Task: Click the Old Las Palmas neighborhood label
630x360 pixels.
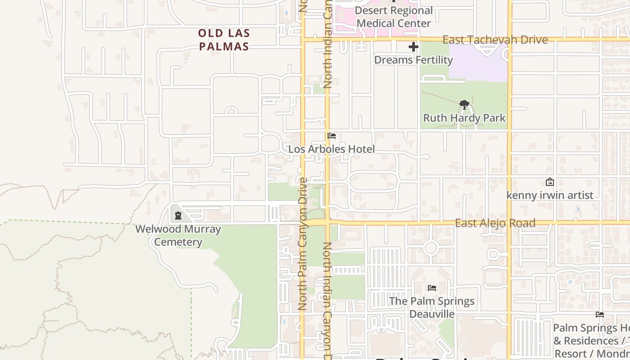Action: pyautogui.click(x=224, y=40)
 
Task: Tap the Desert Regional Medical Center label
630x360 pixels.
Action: pyautogui.click(x=394, y=17)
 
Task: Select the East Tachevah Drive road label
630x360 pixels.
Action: pyautogui.click(x=495, y=40)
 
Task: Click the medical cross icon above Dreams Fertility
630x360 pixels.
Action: pyautogui.click(x=413, y=46)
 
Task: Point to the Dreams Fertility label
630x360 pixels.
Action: pyautogui.click(x=413, y=60)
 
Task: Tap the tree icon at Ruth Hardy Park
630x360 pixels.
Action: pyautogui.click(x=464, y=105)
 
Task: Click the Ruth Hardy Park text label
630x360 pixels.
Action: pyautogui.click(x=464, y=118)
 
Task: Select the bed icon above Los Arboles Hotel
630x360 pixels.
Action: pyautogui.click(x=332, y=135)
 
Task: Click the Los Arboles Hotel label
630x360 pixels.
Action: pyautogui.click(x=331, y=149)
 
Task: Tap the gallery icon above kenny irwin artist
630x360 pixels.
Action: pyautogui.click(x=549, y=182)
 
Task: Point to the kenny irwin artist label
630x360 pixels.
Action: pyautogui.click(x=550, y=195)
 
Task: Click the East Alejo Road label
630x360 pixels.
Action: pyautogui.click(x=495, y=223)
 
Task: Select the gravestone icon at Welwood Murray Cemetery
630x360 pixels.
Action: pyautogui.click(x=178, y=216)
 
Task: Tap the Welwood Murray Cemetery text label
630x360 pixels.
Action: pyautogui.click(x=178, y=235)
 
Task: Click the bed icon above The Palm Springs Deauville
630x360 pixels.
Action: pyautogui.click(x=432, y=288)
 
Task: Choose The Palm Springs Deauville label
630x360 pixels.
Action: pyautogui.click(x=432, y=307)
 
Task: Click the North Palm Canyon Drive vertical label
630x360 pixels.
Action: pyautogui.click(x=303, y=243)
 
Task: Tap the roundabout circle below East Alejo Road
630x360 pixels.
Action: pyautogui.click(x=431, y=247)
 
